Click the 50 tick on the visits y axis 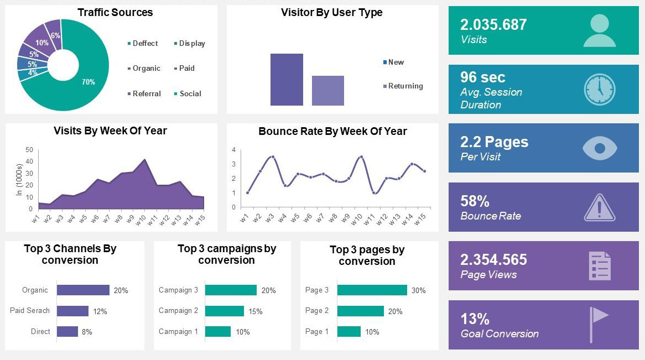point(29,150)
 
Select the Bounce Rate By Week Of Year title point(332,132)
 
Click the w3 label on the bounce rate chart point(269,217)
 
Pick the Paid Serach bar point(72,311)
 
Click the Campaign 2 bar point(224,311)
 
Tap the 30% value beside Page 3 point(418,290)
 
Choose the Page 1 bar point(348,332)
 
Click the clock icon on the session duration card point(599,89)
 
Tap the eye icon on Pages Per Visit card point(599,148)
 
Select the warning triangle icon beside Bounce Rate point(599,208)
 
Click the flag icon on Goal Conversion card point(599,324)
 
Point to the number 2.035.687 point(493,25)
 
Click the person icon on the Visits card point(599,30)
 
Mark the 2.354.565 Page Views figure point(493,260)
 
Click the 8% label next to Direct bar point(87,332)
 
